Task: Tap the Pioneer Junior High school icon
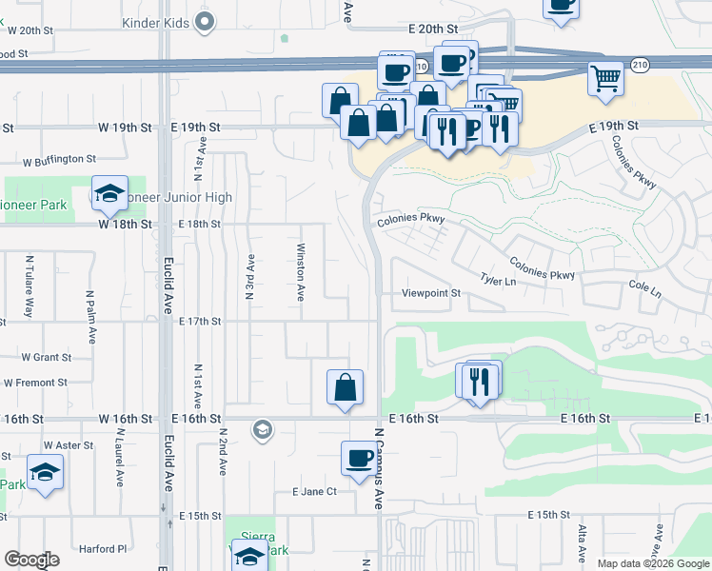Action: click(x=110, y=194)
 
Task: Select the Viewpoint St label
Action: click(x=430, y=293)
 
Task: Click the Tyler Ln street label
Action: click(x=498, y=281)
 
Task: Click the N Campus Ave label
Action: click(x=379, y=466)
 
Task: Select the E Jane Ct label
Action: click(x=315, y=492)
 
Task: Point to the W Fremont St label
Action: click(x=35, y=383)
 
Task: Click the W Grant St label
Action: click(x=46, y=358)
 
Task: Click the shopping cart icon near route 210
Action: click(x=605, y=79)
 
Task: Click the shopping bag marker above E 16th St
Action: click(x=345, y=387)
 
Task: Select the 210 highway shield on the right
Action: click(x=640, y=65)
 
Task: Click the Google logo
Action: click(x=31, y=560)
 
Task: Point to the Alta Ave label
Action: click(x=582, y=541)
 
